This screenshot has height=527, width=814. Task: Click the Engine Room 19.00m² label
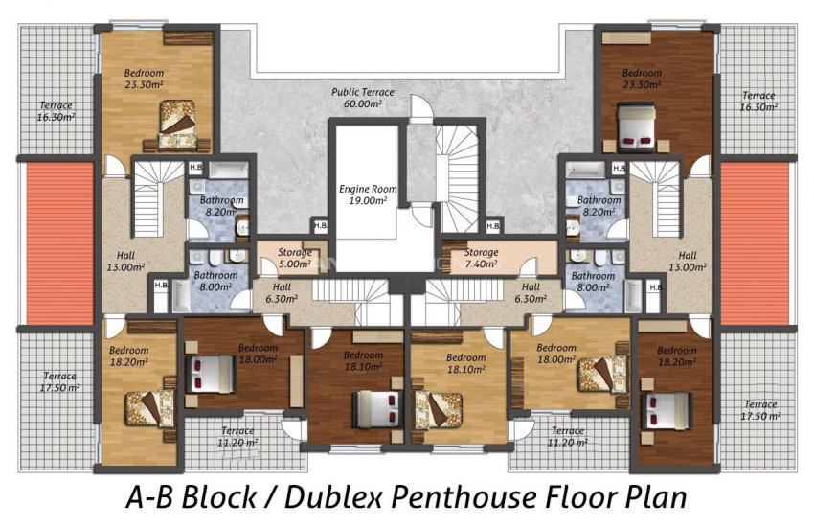tap(368, 195)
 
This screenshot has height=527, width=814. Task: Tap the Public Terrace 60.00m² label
tap(363, 98)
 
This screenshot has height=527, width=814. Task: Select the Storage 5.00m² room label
tap(294, 258)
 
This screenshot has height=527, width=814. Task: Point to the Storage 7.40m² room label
tap(481, 258)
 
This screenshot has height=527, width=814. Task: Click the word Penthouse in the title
tap(464, 497)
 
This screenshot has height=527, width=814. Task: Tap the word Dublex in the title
tap(334, 497)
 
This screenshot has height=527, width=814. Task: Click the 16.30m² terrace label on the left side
tap(57, 111)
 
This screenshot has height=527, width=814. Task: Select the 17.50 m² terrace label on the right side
tap(760, 410)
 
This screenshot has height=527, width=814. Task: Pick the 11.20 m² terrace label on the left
tap(237, 436)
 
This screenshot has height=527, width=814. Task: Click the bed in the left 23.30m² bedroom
tap(178, 125)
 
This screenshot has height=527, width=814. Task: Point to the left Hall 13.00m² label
tap(125, 262)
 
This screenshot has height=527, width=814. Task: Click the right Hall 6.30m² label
tap(531, 292)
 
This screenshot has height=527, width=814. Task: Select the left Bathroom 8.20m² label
tap(221, 206)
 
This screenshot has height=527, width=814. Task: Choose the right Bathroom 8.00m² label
tap(593, 282)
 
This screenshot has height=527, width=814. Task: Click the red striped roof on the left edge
tap(59, 243)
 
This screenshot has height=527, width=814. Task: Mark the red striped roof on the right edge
tap(755, 243)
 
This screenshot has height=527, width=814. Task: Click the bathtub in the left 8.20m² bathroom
tap(229, 170)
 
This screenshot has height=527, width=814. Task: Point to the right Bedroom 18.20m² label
tap(676, 356)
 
